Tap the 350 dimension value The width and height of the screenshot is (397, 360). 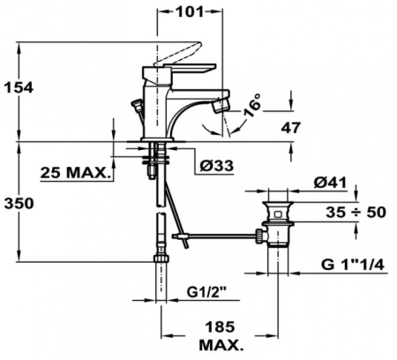18,203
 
